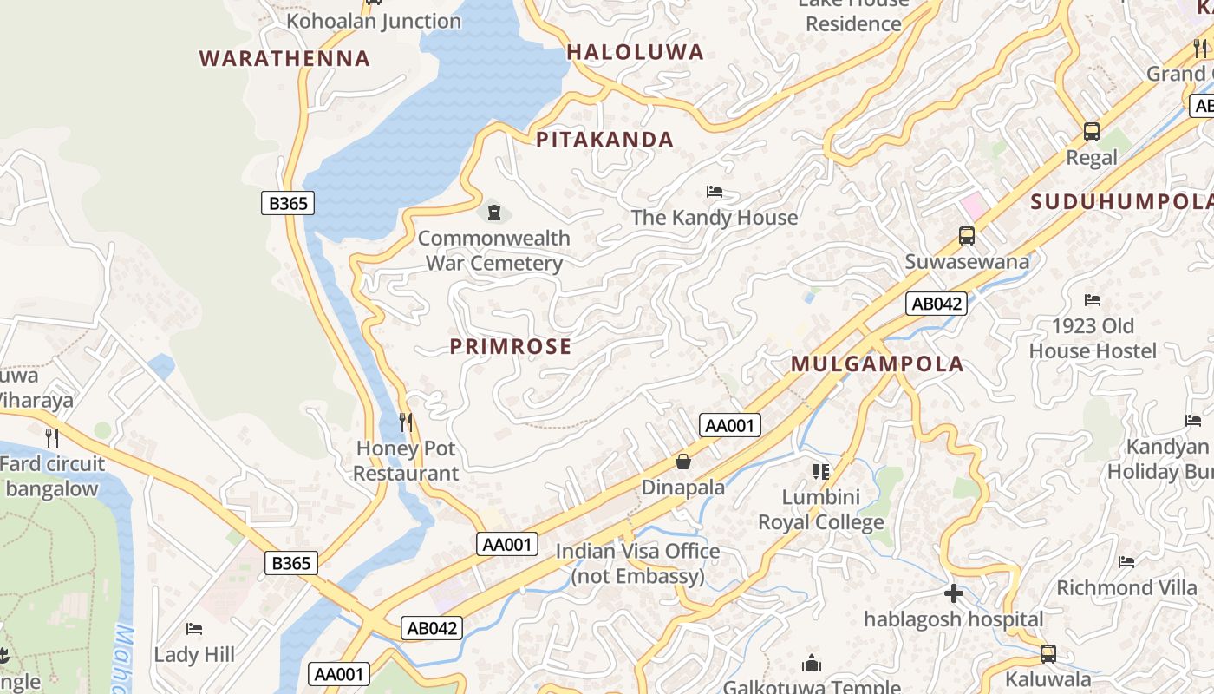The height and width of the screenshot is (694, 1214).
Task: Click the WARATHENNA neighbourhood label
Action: click(x=284, y=59)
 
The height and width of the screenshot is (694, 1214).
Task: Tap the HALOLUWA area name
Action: click(x=635, y=52)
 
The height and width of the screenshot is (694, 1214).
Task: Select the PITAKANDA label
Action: click(x=604, y=140)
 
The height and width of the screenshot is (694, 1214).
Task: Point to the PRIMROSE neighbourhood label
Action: click(x=511, y=347)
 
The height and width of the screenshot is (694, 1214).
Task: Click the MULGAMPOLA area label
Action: click(x=877, y=364)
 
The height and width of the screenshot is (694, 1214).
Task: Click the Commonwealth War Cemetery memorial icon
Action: click(x=494, y=211)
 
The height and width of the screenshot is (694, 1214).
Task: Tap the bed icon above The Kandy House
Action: click(x=715, y=192)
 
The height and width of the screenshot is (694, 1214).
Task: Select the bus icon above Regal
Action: click(x=1091, y=132)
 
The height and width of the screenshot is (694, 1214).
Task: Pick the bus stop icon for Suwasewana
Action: click(x=966, y=235)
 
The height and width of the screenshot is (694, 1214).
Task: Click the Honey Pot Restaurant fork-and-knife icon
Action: click(x=406, y=422)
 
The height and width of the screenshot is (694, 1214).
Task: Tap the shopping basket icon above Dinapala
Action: click(x=683, y=462)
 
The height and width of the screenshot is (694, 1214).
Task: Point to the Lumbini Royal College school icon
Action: click(x=821, y=471)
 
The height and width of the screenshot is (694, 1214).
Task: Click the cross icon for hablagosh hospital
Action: click(x=953, y=593)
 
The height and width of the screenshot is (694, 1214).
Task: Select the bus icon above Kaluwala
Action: click(x=1048, y=653)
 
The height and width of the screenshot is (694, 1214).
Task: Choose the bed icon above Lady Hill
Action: click(x=194, y=628)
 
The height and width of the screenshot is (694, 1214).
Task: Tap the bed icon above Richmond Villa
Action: click(x=1126, y=562)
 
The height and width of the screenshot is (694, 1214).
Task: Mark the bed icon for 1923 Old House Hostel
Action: click(x=1093, y=300)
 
